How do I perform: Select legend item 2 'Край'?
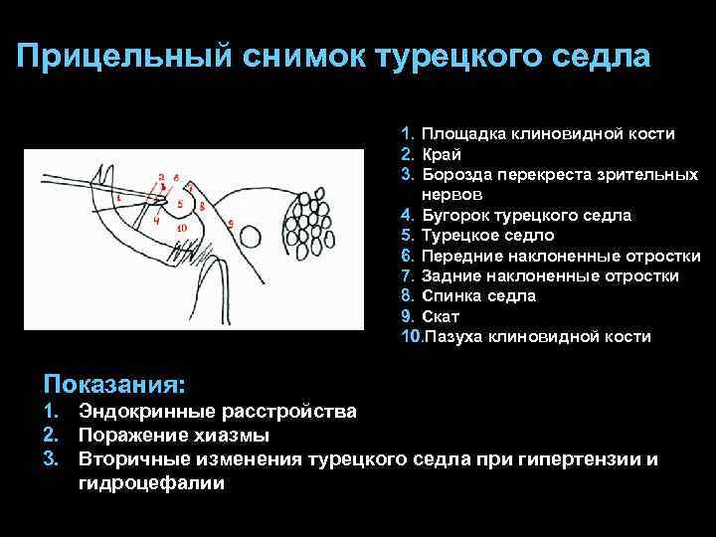441,154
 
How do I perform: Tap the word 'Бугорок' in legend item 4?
454,215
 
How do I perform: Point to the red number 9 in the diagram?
231,223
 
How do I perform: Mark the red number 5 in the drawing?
179,205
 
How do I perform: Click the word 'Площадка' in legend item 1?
462,133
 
